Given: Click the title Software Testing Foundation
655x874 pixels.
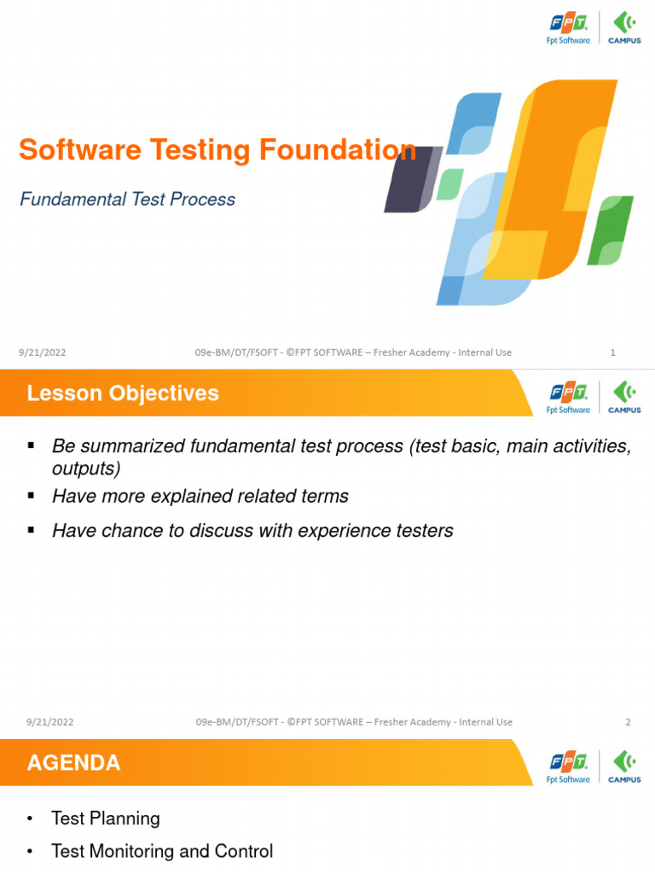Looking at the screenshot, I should pos(217,150).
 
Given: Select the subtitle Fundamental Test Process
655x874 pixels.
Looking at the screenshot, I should pos(127,200).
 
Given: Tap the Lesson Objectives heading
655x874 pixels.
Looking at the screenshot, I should pos(123,393).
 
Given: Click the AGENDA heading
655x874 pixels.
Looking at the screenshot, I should pos(73,762).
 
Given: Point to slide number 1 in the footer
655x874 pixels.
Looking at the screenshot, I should pos(613,353).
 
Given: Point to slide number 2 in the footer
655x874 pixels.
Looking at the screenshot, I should pos(628,721).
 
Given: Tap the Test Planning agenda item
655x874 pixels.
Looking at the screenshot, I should pos(105,819).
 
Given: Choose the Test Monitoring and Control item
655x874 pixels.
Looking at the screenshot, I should pos(162,851).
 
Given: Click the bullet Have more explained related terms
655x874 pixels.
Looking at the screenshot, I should pos(200,496).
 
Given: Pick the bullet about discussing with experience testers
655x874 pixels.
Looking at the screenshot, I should pos(252,531).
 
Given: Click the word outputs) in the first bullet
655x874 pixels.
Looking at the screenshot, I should pos(86,469).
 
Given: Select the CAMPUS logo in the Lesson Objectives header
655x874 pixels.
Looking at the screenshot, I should pos(624,397).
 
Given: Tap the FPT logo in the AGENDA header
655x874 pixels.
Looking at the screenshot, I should pos(568,766).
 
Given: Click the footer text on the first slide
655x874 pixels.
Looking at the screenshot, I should pos(353,353).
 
